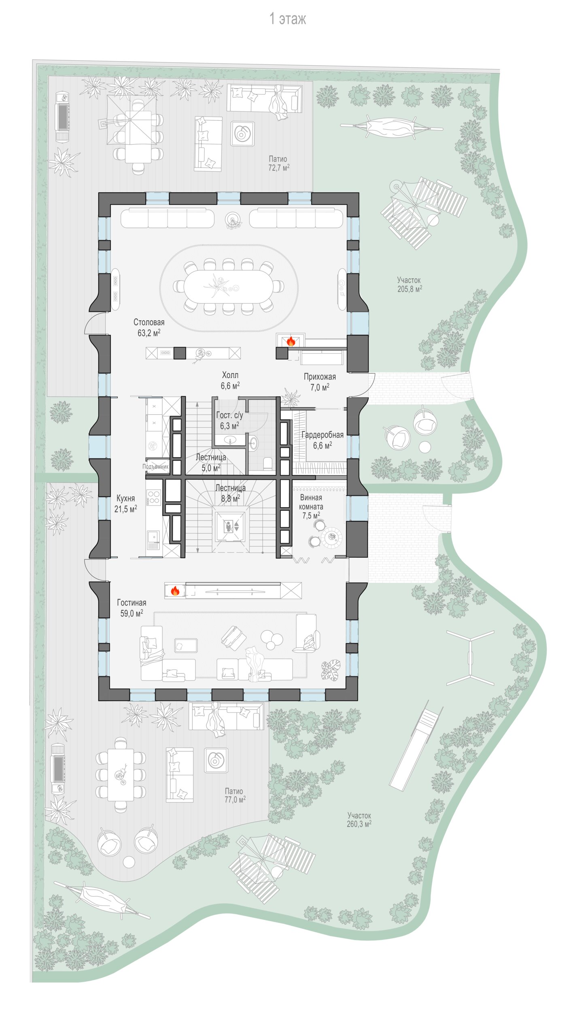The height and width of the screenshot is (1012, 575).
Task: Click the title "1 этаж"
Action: tap(288, 19)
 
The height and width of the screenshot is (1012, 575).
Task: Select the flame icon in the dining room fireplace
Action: tap(291, 341)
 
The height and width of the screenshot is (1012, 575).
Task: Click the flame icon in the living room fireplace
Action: tap(175, 591)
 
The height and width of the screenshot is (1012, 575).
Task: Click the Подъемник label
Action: tap(155, 467)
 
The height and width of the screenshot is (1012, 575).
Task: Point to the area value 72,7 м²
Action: tap(279, 167)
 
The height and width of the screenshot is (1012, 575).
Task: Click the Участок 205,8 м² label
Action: tap(410, 285)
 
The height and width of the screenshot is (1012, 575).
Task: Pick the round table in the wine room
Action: tap(332, 537)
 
